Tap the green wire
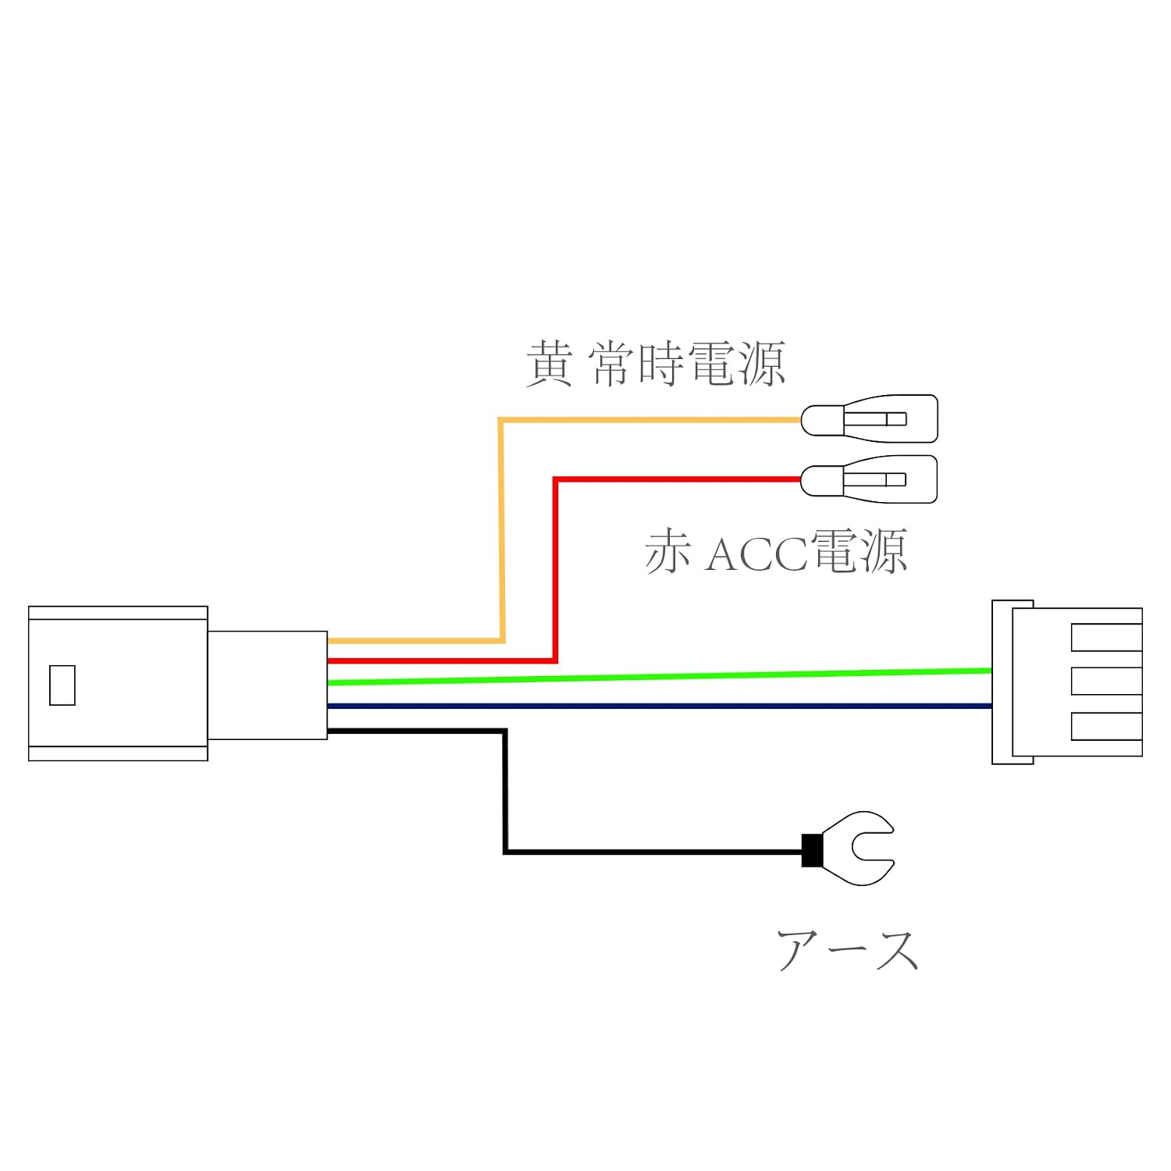(660, 676)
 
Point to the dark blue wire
(660, 706)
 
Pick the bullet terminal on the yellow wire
(869, 419)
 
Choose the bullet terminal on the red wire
(869, 479)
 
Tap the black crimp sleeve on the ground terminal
(812, 850)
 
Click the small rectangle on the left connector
(62, 685)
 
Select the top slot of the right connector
(1106, 637)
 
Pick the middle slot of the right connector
(1106, 682)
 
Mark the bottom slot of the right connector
(1106, 726)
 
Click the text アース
(848, 950)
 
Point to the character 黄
(550, 364)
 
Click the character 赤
(668, 552)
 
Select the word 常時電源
(688, 364)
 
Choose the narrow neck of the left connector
(267, 685)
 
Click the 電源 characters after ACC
(860, 552)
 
